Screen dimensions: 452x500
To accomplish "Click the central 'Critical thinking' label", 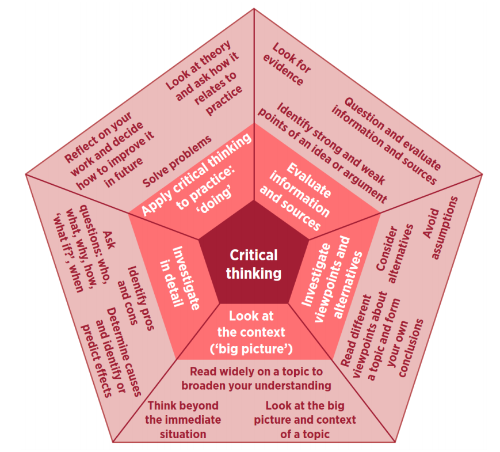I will [253, 264].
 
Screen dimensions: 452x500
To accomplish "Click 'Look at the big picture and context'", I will [305, 419].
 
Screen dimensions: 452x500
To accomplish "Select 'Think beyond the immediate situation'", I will [183, 419].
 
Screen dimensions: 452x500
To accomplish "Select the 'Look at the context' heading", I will [251, 332].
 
